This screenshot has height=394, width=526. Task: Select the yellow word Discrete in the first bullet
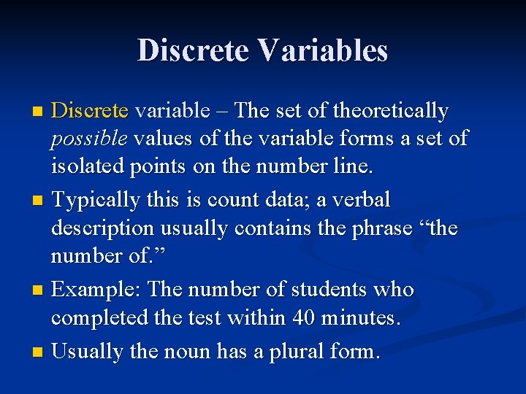pos(90,111)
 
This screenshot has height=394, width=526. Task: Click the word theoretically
pos(390,111)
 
